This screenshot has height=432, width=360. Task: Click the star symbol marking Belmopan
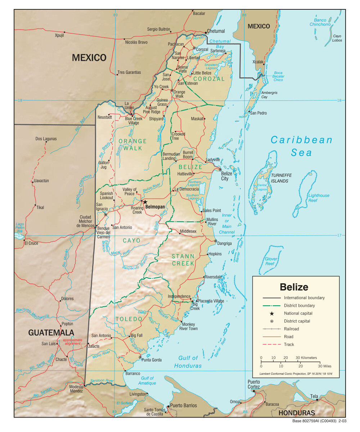point(145,202)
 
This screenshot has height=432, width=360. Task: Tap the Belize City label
point(226,176)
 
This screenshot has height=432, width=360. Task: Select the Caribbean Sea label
point(302,146)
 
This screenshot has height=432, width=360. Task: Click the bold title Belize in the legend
point(294,287)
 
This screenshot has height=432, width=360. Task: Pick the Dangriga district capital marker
point(216,241)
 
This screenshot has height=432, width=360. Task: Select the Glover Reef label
point(271,261)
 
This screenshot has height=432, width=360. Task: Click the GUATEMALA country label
point(51,332)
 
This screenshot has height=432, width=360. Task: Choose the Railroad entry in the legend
point(291,329)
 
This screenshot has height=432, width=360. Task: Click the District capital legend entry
point(297,321)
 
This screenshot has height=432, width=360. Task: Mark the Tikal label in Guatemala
point(40,207)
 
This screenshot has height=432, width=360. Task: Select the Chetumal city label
point(216,31)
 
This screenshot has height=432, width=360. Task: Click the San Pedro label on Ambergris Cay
point(258,113)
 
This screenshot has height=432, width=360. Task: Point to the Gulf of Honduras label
point(188,362)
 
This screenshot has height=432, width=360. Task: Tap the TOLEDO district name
point(129,319)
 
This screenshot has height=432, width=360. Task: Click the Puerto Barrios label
point(184,405)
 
